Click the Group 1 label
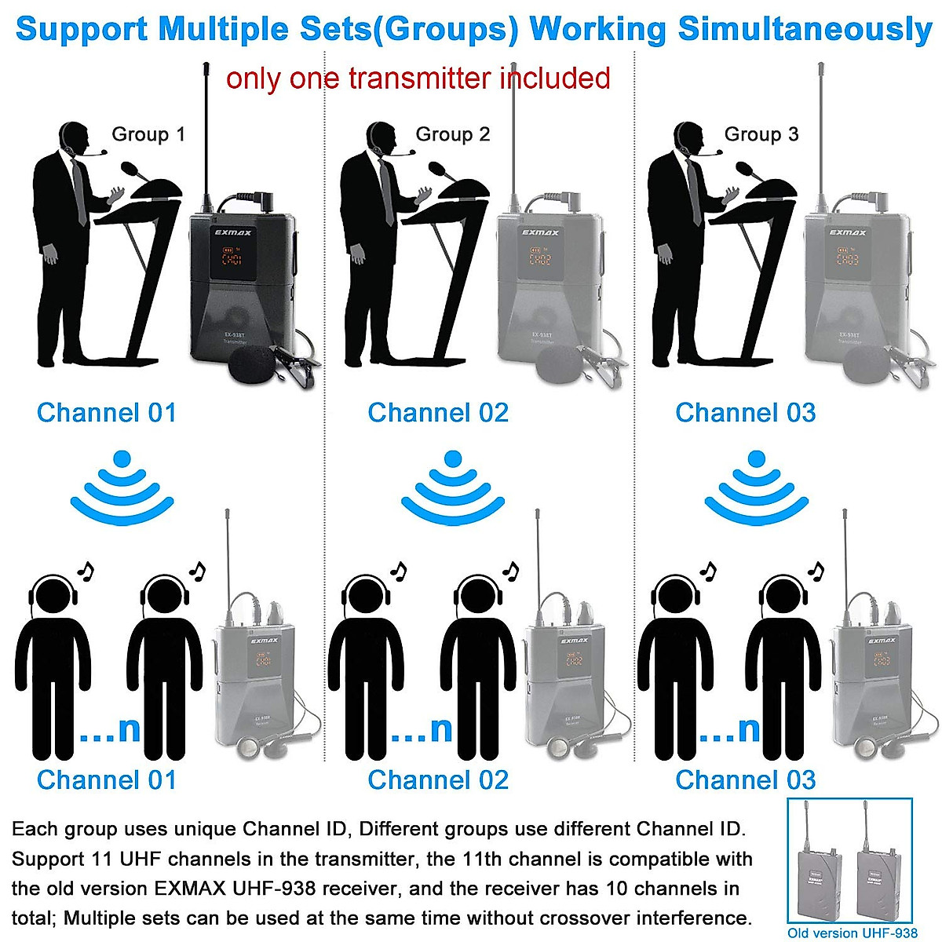(148, 134)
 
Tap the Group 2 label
(452, 134)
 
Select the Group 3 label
(761, 134)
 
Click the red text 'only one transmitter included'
(418, 78)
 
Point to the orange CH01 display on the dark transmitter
(231, 258)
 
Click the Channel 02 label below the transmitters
(438, 413)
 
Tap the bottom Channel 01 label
(107, 780)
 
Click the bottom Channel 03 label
(745, 780)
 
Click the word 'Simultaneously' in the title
(804, 29)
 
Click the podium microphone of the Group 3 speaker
(748, 169)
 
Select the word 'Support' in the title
(82, 29)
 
